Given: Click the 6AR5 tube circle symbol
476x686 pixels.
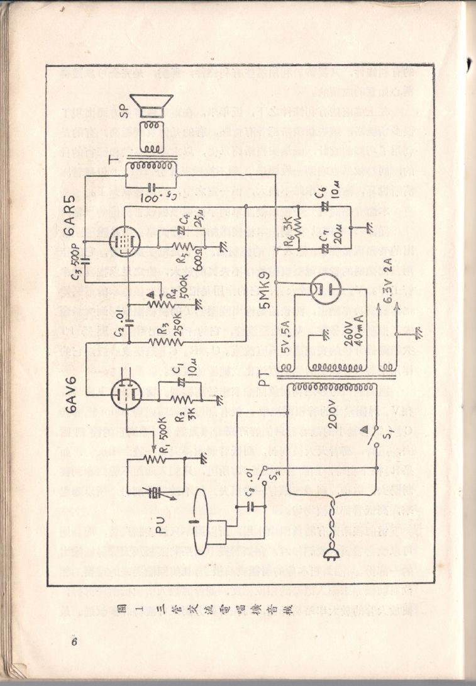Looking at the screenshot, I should [126, 240].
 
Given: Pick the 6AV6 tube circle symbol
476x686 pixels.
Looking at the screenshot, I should [125, 395].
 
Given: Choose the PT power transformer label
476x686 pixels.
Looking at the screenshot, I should [267, 377].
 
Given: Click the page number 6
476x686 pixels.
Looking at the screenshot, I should [74, 642].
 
